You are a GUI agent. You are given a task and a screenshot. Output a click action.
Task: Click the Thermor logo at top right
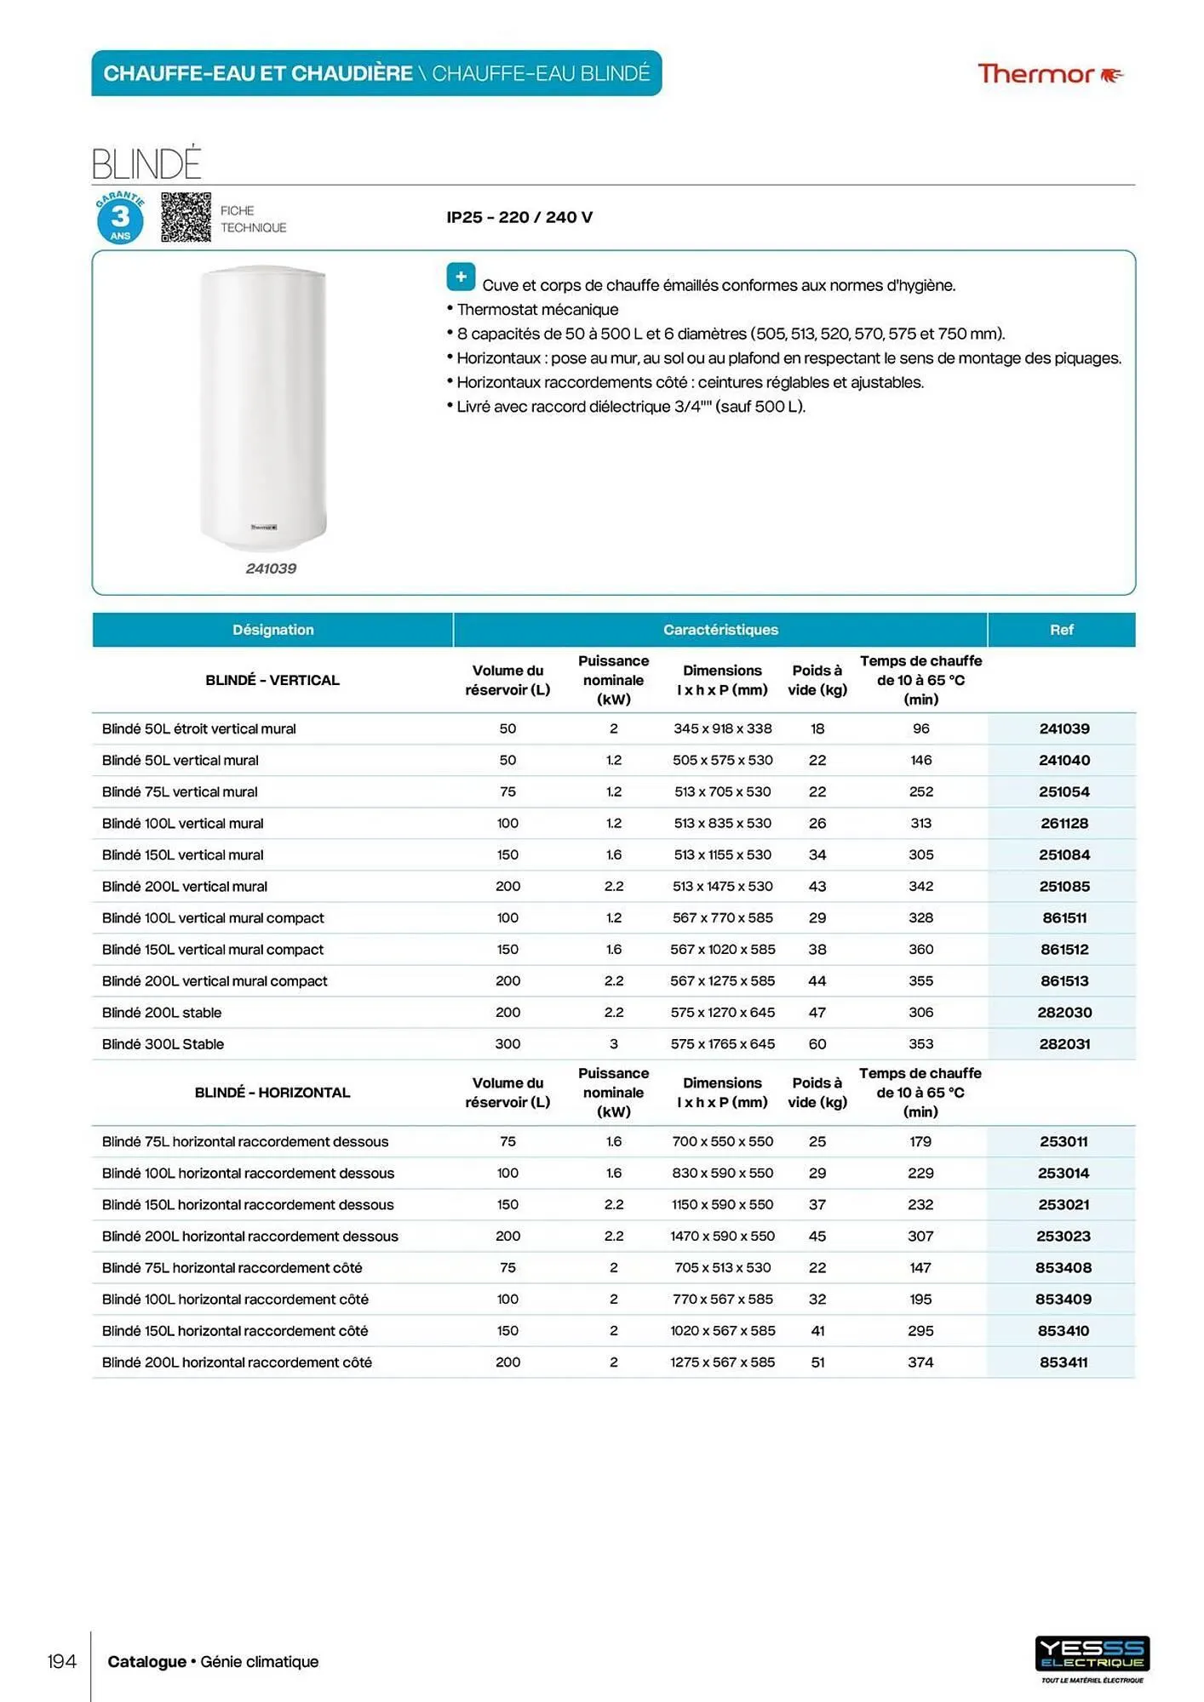click(1049, 75)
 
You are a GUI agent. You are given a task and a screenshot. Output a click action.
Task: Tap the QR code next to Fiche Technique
click(186, 217)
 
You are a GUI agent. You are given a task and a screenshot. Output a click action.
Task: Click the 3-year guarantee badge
click(120, 218)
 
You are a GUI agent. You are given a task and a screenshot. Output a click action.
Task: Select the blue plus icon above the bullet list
click(461, 277)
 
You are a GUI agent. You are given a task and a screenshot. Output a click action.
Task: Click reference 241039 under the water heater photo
click(271, 568)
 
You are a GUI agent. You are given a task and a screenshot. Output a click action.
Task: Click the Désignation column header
click(272, 630)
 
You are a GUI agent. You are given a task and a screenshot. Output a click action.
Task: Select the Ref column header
click(1061, 630)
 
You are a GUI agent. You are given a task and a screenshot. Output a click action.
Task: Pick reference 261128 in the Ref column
click(1064, 823)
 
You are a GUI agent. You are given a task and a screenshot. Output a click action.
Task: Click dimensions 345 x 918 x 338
click(722, 728)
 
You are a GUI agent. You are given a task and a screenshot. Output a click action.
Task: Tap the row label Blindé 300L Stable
click(163, 1044)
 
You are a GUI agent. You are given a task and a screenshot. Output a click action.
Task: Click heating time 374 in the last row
click(920, 1362)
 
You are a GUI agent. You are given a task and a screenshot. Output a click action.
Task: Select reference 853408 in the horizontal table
click(1063, 1268)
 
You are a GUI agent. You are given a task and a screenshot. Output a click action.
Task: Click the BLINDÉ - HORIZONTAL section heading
click(272, 1093)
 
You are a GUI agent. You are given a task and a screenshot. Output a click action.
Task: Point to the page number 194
click(61, 1661)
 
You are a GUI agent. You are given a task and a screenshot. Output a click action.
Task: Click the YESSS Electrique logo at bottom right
click(1092, 1655)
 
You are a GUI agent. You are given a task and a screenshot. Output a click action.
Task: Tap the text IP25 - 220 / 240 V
click(519, 217)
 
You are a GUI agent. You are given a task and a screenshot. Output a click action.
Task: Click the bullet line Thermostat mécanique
click(536, 310)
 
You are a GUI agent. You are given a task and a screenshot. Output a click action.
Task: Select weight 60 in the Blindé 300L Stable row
click(817, 1044)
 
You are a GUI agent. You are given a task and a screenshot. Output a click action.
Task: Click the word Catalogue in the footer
click(146, 1661)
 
